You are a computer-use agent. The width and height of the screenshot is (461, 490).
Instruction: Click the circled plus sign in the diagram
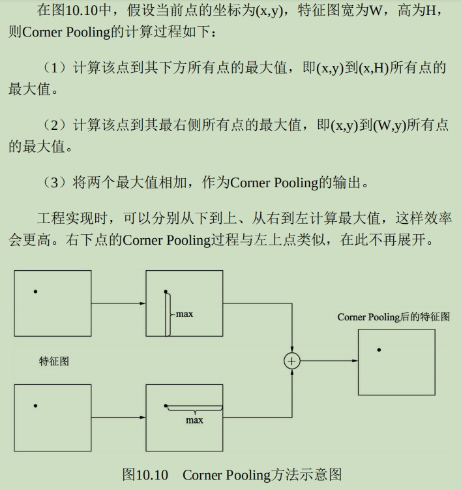pos(292,360)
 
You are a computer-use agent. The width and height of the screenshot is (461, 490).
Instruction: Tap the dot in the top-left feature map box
pos(35,291)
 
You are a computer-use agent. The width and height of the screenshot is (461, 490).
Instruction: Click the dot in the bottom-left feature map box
pos(35,406)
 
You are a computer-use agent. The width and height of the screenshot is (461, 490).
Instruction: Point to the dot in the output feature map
pos(379,350)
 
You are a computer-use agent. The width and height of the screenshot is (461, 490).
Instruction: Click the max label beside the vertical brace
pos(185,314)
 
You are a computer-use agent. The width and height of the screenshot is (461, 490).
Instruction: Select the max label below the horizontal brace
pos(194,420)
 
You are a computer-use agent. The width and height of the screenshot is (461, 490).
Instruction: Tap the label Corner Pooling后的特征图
pos(393,317)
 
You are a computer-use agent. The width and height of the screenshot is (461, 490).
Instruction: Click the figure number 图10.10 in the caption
pos(145,474)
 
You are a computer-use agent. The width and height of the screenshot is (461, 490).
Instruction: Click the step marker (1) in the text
pos(54,68)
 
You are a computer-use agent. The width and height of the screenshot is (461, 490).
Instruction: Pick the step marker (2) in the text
pos(54,125)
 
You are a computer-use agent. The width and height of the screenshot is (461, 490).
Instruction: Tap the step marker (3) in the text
pos(54,183)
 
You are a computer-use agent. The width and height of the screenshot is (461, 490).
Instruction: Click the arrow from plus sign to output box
pos(329,360)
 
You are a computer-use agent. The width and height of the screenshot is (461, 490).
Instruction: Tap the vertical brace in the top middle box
pos(170,314)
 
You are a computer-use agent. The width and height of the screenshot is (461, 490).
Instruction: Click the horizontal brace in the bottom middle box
pos(194,410)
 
